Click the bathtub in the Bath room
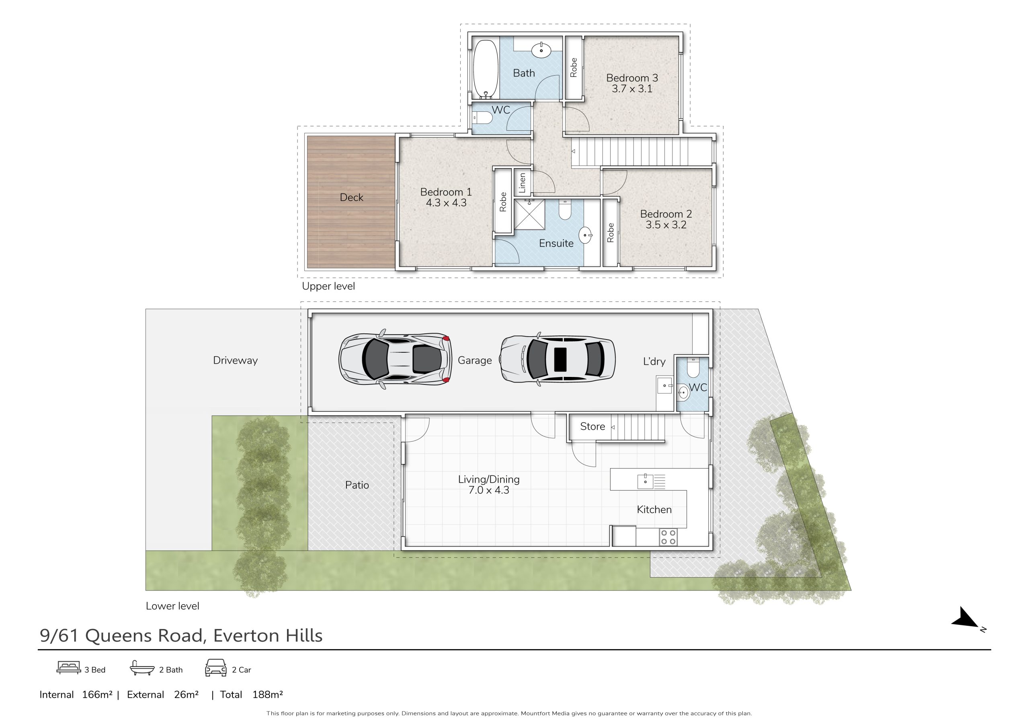[x=486, y=69]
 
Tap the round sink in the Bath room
[x=541, y=50]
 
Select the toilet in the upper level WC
[x=482, y=118]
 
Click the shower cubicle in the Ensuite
[x=529, y=214]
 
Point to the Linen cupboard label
[x=522, y=183]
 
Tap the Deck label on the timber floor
[x=351, y=197]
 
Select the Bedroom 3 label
[x=632, y=78]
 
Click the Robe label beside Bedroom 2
[x=610, y=233]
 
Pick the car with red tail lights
[x=394, y=359]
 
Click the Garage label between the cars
[x=475, y=360]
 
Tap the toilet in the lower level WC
[x=693, y=368]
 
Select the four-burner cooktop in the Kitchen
[x=668, y=537]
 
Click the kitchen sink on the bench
[x=646, y=481]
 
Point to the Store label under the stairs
[x=592, y=426]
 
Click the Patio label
[x=357, y=485]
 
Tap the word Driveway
[x=235, y=360]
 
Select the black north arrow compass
[x=967, y=619]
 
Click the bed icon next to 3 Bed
[x=69, y=667]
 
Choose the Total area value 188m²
[x=268, y=695]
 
